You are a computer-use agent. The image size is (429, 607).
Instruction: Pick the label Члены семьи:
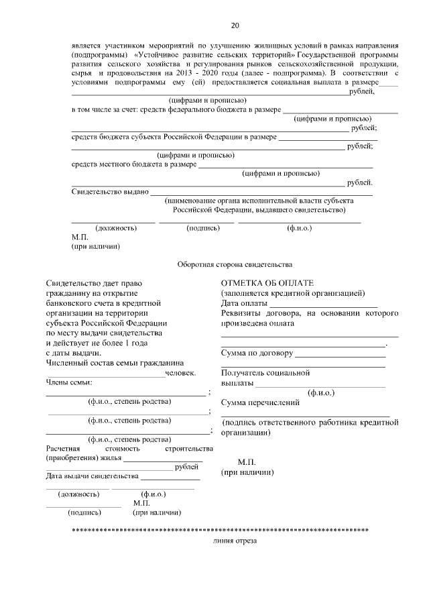[69, 382]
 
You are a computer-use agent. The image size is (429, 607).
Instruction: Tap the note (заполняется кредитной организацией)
[293, 293]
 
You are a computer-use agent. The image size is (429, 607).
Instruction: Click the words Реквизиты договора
[259, 313]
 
